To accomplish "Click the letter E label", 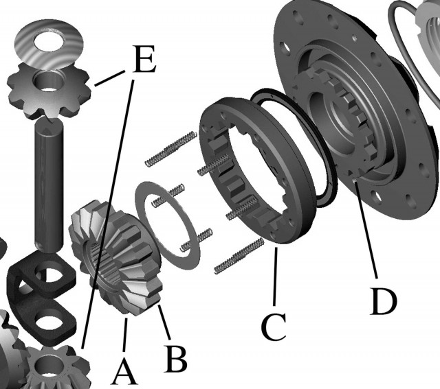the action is pos(144,59).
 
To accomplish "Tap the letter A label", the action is pos(124,373).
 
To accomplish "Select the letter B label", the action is pos(176,359).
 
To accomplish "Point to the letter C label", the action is pos(274,327).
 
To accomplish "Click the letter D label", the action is pos(384,301).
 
